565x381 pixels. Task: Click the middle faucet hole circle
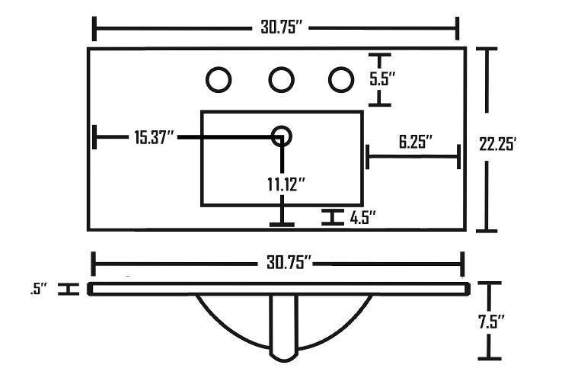[x=281, y=78]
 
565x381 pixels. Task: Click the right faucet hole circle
[x=340, y=78]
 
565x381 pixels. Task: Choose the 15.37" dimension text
[x=155, y=137]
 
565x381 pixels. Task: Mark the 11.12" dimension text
[x=286, y=184]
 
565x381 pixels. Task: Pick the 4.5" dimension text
[x=363, y=218]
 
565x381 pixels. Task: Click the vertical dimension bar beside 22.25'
[x=487, y=139]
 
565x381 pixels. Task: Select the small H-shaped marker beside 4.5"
[x=331, y=218]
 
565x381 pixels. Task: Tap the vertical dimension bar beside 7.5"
[x=490, y=320]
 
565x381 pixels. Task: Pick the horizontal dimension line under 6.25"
[x=413, y=158]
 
